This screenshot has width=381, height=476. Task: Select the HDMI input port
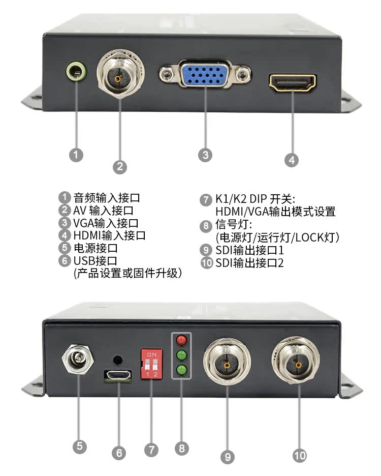coord(293,82)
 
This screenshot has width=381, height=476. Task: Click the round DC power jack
coord(79,361)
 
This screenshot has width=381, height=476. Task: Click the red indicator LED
coord(181,340)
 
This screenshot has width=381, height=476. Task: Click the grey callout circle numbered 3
coord(205,155)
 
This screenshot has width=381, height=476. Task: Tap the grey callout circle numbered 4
coord(291,160)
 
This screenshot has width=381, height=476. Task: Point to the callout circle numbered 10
coord(300,455)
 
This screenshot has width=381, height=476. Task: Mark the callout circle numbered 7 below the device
coord(151,450)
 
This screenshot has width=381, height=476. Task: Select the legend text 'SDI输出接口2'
coord(249,263)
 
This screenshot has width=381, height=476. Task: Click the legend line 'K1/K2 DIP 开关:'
coord(251,199)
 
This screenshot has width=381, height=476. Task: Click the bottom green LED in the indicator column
coord(181,370)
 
